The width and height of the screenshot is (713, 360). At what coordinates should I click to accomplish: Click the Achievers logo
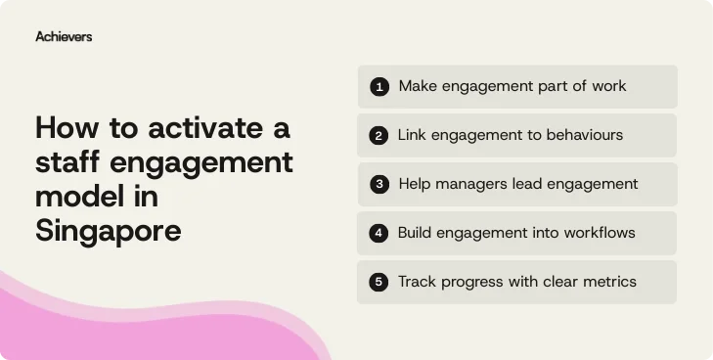point(64,36)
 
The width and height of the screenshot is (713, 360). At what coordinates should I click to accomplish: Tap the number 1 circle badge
point(379,87)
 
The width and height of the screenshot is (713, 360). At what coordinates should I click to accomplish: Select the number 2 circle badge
point(379,136)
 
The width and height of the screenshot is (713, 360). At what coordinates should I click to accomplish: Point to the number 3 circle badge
point(379,185)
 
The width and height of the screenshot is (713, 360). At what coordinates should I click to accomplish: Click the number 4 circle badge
point(379,234)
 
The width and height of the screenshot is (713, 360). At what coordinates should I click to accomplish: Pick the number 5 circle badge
point(379,283)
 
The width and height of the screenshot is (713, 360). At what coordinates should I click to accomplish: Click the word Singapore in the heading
point(109,232)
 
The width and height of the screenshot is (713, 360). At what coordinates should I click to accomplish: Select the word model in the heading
point(77,197)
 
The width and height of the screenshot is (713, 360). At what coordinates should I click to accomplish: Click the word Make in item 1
point(417,86)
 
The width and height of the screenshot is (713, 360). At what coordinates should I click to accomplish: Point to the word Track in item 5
point(418,282)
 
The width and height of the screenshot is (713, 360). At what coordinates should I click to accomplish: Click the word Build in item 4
point(417,233)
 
